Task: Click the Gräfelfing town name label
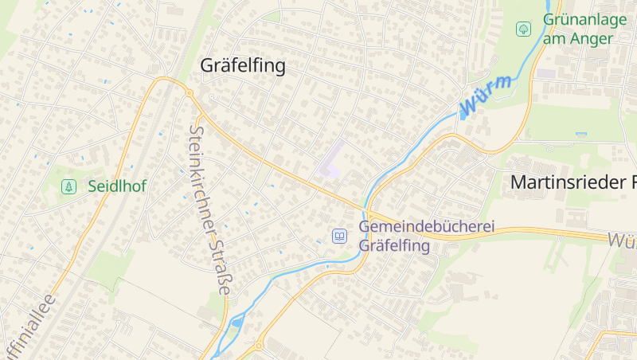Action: (242, 65)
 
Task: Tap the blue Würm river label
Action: (486, 94)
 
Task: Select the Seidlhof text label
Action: (117, 186)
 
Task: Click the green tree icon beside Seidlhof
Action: (69, 186)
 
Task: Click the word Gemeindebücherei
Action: (427, 227)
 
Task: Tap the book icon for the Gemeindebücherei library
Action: (340, 237)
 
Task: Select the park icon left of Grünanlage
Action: (523, 29)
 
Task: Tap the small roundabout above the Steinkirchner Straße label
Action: (190, 94)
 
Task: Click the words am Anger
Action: (578, 38)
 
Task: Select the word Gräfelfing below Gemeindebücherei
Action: (395, 245)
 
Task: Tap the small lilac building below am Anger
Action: (546, 73)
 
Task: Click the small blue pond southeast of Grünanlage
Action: (581, 133)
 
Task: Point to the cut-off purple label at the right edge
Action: (622, 239)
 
